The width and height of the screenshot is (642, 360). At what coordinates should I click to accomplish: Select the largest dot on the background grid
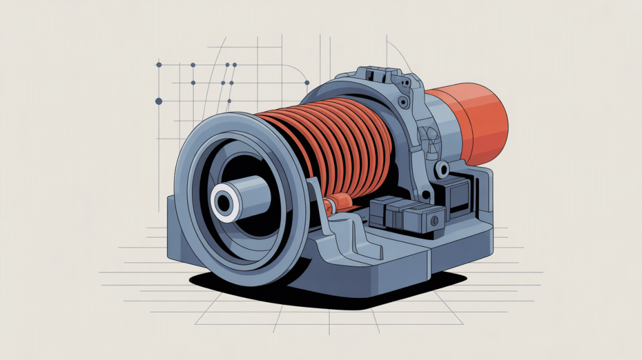point(159,100)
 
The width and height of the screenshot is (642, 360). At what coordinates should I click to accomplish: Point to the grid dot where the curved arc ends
point(307,82)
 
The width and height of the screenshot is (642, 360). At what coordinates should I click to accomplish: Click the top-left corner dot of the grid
point(159,65)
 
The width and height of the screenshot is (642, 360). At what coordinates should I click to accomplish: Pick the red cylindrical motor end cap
point(480,123)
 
